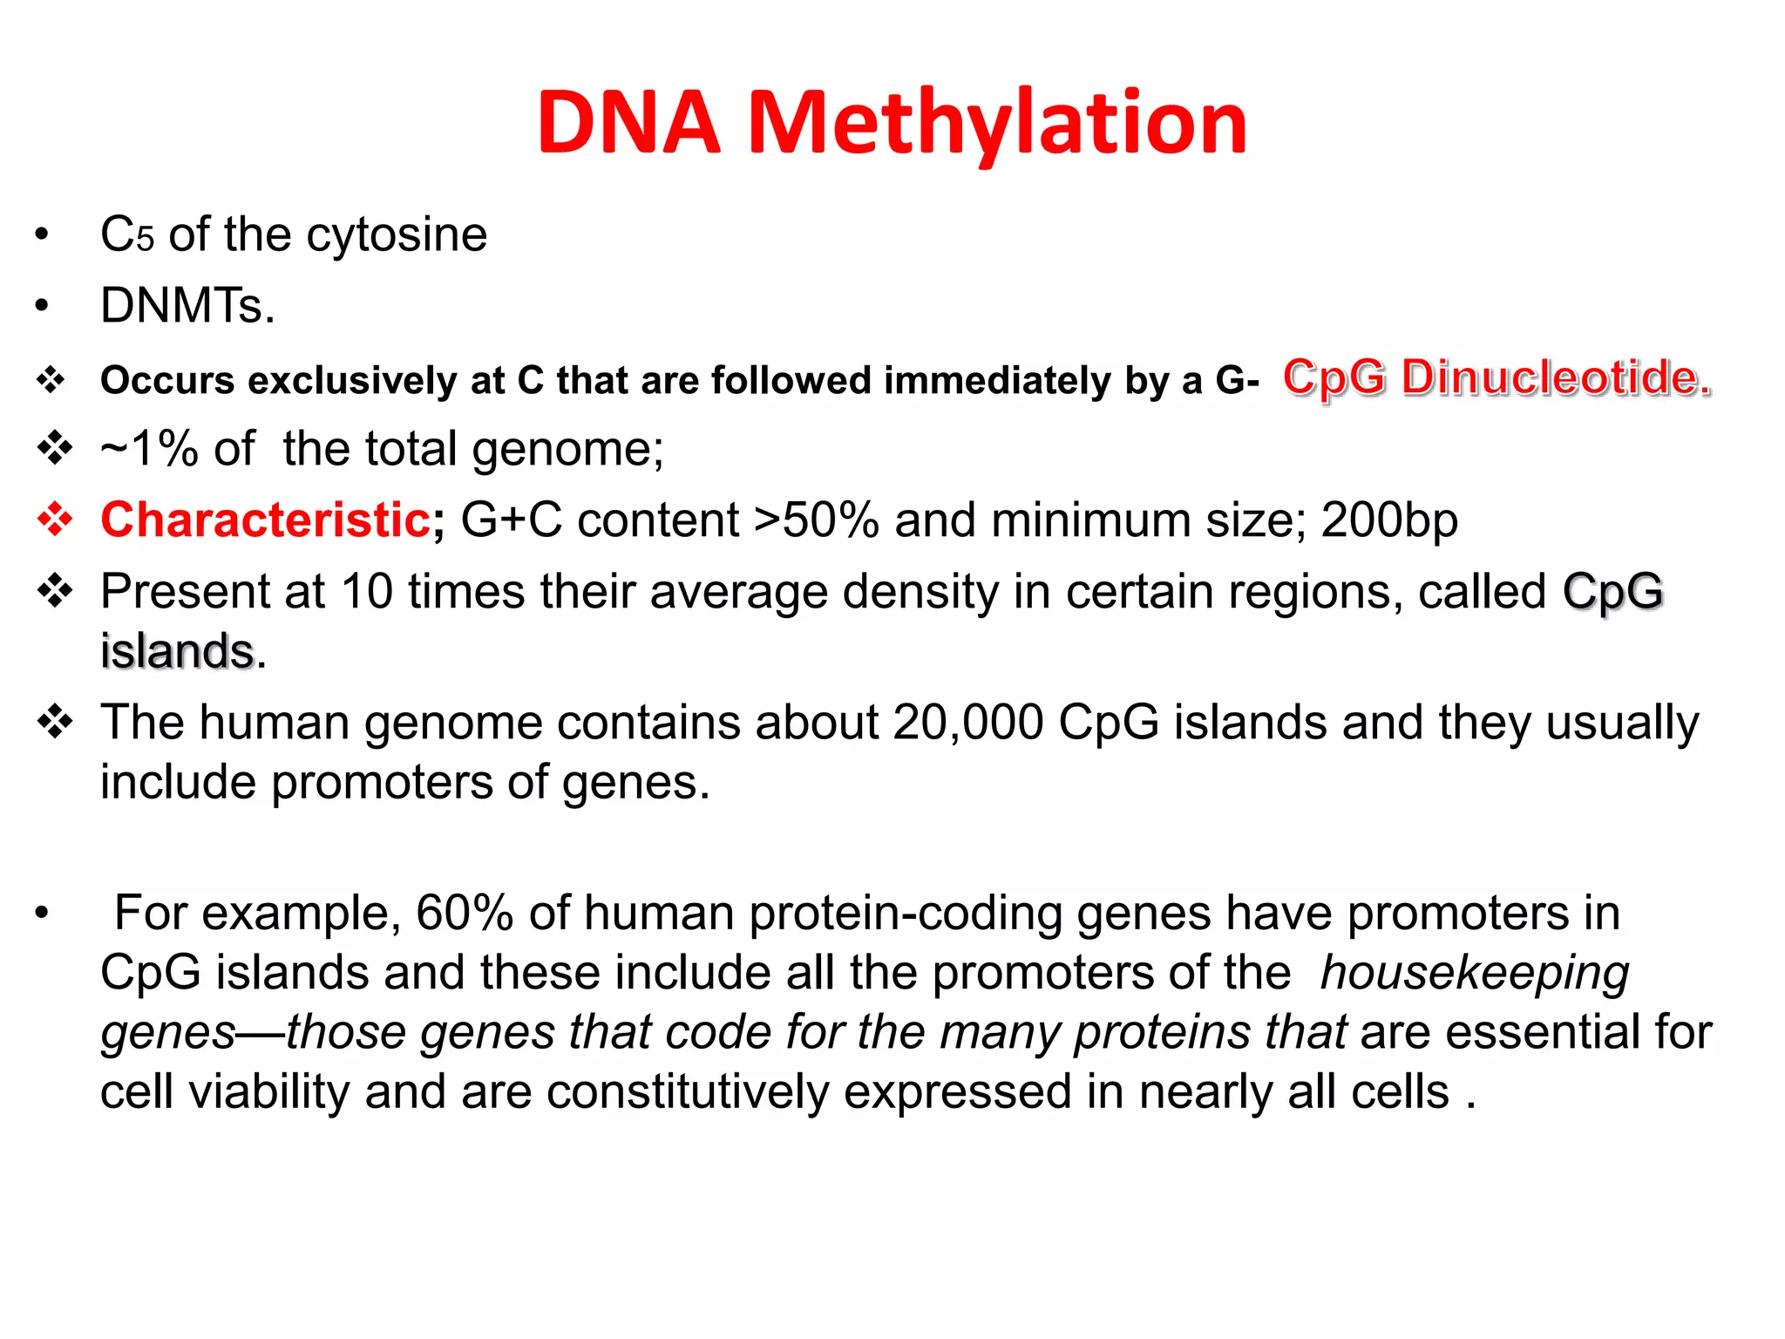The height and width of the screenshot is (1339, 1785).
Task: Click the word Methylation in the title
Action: click(x=997, y=124)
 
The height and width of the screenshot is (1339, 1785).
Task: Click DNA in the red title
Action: click(x=628, y=124)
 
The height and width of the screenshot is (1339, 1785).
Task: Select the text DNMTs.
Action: click(x=187, y=307)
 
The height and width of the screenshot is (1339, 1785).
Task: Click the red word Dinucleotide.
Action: click(x=1556, y=378)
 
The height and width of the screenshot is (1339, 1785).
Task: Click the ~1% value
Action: click(x=149, y=450)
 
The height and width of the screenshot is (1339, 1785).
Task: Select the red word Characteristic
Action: click(x=265, y=520)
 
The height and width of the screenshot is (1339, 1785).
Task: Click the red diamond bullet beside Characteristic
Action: click(x=55, y=520)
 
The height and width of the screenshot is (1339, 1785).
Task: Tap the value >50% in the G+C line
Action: click(x=816, y=520)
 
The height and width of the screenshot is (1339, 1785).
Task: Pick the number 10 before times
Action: click(x=366, y=592)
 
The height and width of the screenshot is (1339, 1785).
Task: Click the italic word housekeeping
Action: click(x=1474, y=973)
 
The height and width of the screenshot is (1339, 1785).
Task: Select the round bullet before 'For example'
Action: click(x=41, y=914)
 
